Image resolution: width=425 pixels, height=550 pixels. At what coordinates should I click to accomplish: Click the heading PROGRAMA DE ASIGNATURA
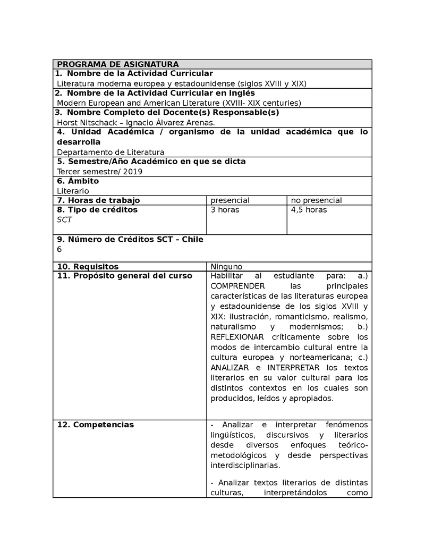(117, 64)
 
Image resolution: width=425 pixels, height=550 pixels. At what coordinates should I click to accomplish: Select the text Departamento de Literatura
(110, 152)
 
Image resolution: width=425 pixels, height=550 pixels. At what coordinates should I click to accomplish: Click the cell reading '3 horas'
(225, 210)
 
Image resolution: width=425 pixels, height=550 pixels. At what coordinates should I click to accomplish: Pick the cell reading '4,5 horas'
(309, 210)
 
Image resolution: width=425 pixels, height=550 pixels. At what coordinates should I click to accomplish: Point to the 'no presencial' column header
(316, 200)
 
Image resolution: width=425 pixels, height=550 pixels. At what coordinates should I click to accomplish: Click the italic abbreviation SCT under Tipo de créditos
(64, 219)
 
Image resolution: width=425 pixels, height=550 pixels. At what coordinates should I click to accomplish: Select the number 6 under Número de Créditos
(59, 249)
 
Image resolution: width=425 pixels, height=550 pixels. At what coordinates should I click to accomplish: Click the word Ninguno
(226, 267)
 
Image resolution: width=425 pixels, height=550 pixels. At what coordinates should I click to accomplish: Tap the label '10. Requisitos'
(88, 267)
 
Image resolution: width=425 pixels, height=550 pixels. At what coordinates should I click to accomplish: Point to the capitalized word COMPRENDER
(237, 286)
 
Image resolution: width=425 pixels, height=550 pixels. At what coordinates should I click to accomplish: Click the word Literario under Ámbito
(73, 191)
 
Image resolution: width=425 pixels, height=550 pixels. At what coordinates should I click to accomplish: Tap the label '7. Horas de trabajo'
(98, 200)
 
